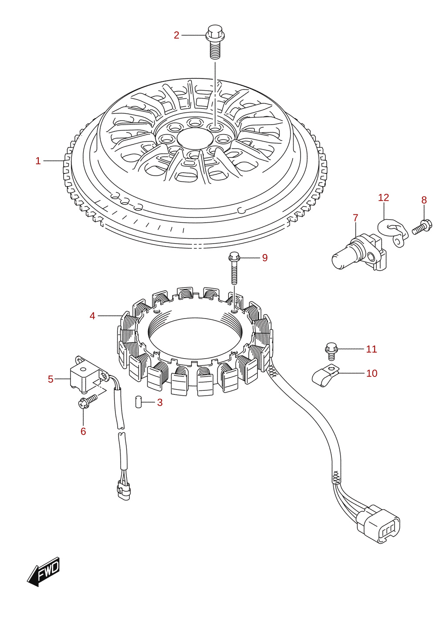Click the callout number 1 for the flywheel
[x=38, y=161]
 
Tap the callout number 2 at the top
[x=176, y=35]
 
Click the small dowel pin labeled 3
[x=138, y=402]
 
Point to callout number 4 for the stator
[x=92, y=316]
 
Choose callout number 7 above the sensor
[x=355, y=218]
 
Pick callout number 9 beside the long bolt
[x=265, y=258]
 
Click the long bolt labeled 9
[x=234, y=268]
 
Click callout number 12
[x=383, y=197]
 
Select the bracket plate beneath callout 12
[x=394, y=231]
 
